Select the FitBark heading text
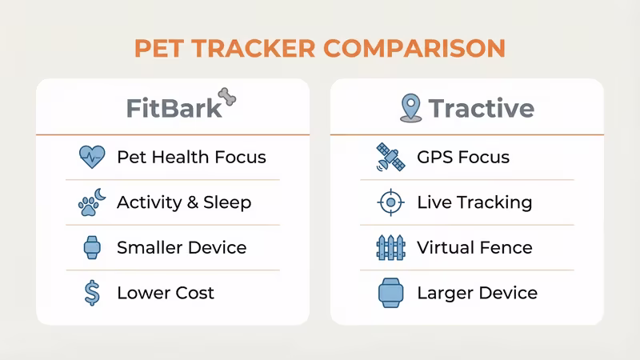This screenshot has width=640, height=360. point(174,108)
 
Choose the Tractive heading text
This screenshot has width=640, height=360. point(481,108)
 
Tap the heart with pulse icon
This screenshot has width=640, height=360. point(92,157)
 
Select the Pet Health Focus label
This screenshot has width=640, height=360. point(190,157)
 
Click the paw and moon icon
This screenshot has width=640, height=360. point(92,202)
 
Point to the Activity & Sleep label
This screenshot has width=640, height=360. point(183,202)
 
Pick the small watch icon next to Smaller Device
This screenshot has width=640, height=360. point(92,248)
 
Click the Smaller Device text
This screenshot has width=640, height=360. point(181,248)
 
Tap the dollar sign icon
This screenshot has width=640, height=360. point(92,293)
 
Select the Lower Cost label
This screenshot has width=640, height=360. point(165,293)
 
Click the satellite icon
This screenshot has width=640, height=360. point(390,157)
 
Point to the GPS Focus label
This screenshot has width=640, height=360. point(462,157)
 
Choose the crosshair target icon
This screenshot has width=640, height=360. point(390,202)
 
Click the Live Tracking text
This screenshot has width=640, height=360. point(474,202)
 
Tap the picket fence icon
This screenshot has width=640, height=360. point(390,248)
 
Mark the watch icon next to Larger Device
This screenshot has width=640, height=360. point(390,293)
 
